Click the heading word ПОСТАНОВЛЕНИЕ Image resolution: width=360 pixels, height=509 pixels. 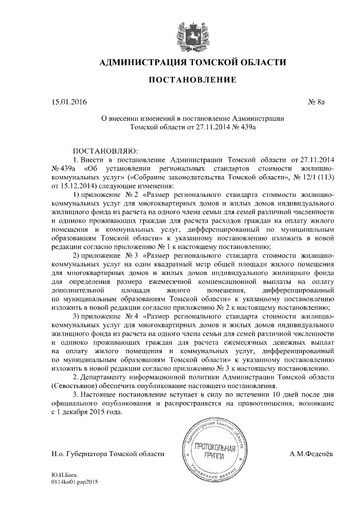[x=192, y=81]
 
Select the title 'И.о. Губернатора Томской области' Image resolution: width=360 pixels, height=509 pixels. [x=107, y=453]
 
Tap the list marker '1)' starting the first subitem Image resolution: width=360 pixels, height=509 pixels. [x=79, y=193]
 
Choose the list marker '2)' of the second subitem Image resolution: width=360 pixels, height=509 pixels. [x=79, y=256]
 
